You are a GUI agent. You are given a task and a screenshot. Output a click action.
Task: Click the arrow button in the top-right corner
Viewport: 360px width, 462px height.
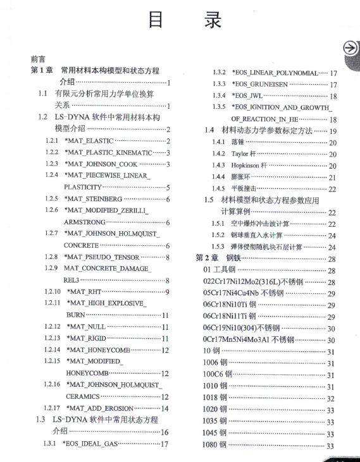[350, 49]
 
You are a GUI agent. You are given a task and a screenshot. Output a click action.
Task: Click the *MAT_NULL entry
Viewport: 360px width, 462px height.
[86, 326]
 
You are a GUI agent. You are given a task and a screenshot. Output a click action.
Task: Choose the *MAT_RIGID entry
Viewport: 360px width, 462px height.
[87, 338]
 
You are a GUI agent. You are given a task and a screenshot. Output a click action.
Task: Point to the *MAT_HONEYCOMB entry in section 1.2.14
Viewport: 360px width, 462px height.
[98, 350]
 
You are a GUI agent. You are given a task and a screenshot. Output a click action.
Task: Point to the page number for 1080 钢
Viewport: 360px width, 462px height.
[330, 446]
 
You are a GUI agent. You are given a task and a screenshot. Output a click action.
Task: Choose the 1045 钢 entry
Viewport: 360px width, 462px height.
[214, 434]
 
